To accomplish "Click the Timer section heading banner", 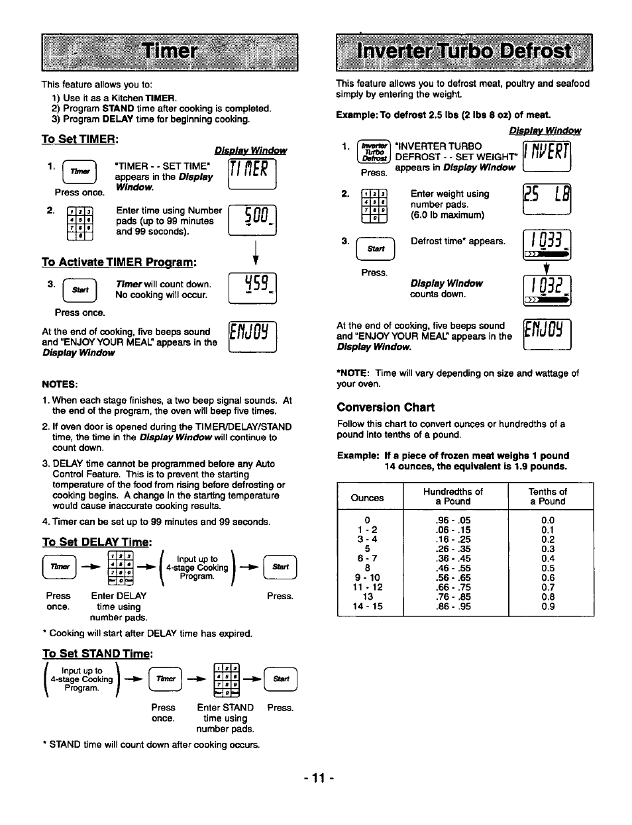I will coord(170,52).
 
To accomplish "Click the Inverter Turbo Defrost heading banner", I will coord(464,52).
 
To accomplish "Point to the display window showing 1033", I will coord(547,244).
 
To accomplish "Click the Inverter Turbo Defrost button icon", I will coord(374,152).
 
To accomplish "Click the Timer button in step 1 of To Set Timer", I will coord(79,172).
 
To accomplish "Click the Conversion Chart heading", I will coord(386,407).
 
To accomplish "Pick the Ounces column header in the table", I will coord(367,498).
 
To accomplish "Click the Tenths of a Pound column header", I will coord(547,496).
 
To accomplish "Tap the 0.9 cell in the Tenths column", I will coord(547,606).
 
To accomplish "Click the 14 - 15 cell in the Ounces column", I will coord(367,606).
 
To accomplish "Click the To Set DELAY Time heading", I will coord(97,542).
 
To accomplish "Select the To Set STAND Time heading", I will coord(97,654).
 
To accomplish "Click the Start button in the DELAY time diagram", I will coord(280,567).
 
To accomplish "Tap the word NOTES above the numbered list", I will coord(60,385).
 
